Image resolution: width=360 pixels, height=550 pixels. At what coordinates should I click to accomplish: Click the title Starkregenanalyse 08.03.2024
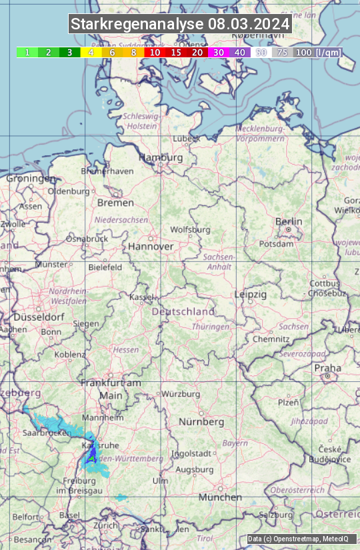tap(180, 25)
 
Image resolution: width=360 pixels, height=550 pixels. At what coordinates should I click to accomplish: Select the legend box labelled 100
tap(303, 52)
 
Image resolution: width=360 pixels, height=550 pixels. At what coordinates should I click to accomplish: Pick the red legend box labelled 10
tap(155, 52)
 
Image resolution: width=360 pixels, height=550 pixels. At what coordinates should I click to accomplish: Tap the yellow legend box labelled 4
tap(91, 52)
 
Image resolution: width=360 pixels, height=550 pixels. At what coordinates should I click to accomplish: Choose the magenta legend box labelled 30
tap(219, 52)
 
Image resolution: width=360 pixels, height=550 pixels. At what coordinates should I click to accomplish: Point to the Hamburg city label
tap(160, 157)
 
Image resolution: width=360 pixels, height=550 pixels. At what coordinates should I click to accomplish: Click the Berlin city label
tap(289, 221)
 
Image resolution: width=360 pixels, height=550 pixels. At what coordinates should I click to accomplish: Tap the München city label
tap(220, 497)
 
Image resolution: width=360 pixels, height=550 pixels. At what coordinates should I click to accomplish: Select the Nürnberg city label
tap(201, 422)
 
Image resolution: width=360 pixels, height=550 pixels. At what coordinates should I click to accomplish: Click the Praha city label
tap(327, 368)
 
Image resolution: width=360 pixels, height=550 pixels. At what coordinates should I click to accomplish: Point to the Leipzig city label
tap(251, 294)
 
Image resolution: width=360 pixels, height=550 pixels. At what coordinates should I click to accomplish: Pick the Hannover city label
tap(151, 246)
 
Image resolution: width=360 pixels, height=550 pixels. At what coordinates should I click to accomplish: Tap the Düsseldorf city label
tap(39, 317)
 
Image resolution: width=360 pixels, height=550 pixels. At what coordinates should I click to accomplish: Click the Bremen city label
tap(115, 203)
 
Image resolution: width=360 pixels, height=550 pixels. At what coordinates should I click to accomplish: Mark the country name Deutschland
tap(183, 311)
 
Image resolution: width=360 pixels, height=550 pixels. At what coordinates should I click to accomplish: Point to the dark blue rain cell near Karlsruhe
tap(91, 457)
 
